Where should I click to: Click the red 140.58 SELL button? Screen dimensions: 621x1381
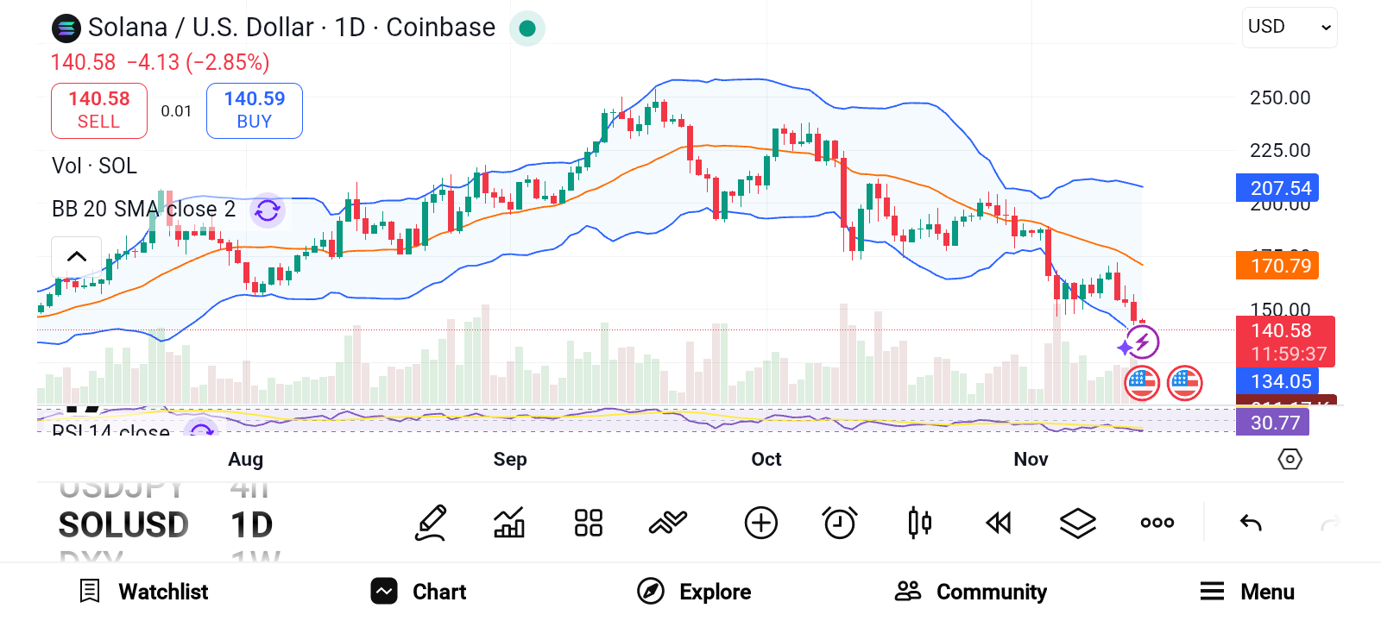(99, 110)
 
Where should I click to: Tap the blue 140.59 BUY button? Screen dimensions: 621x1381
(255, 110)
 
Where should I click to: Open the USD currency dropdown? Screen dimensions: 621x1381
(1290, 28)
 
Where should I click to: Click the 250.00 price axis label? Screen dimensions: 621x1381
(1280, 98)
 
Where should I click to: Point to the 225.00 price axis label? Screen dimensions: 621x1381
(1280, 151)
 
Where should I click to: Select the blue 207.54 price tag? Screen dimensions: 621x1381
(1277, 188)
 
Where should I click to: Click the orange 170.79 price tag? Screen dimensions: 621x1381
(1277, 266)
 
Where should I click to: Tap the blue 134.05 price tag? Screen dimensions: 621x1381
(1277, 381)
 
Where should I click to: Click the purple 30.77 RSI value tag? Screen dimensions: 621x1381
(1273, 423)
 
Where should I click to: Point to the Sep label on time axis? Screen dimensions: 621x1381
(510, 460)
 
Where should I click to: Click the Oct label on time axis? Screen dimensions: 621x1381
(766, 460)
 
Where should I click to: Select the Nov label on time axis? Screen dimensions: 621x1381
(1031, 460)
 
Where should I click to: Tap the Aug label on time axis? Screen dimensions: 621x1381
(246, 460)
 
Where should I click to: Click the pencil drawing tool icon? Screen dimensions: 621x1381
(431, 523)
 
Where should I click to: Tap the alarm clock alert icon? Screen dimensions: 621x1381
(840, 523)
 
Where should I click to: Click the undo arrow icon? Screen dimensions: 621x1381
(1251, 523)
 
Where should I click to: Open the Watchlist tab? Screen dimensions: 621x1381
(144, 592)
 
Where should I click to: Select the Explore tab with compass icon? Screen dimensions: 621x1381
(695, 592)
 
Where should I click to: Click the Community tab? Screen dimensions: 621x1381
(971, 592)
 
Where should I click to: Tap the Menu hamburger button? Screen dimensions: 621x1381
(1247, 592)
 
